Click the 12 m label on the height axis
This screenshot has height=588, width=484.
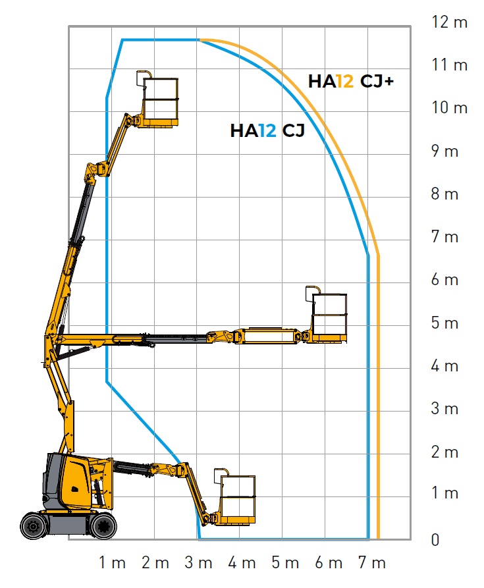coord(450,22)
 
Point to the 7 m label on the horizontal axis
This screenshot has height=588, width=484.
coord(371,563)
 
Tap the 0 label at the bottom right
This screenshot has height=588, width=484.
coord(435,540)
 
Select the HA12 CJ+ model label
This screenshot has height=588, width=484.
coord(351,82)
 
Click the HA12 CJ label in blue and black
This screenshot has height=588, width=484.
coord(267,131)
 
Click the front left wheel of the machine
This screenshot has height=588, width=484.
coord(34,526)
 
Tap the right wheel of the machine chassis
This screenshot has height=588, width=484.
coord(103,526)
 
